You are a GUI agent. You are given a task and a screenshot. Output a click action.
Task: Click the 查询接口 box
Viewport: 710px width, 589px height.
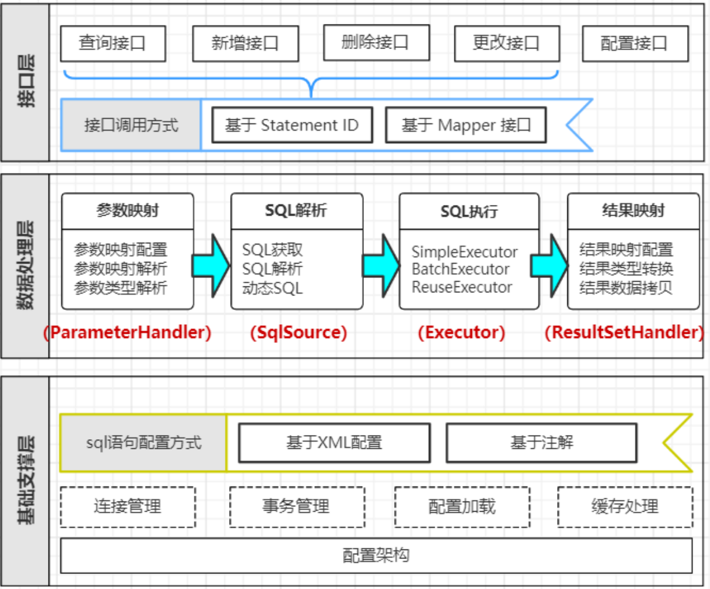tap(113, 43)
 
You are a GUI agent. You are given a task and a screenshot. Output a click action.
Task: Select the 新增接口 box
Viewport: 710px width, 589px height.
tap(245, 43)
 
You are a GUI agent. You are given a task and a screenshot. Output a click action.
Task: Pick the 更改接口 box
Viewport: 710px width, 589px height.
tap(506, 43)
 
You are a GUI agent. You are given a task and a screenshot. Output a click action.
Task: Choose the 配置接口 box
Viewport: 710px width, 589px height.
tap(635, 43)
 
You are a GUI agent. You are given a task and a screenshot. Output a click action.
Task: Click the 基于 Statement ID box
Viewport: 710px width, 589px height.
tap(292, 125)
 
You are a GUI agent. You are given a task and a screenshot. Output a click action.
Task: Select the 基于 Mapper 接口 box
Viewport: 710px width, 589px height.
tap(466, 125)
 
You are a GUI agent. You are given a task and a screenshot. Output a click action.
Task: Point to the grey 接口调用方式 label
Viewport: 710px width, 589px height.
tap(131, 125)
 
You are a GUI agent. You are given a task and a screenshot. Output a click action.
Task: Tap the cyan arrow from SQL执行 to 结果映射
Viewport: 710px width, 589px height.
tap(549, 264)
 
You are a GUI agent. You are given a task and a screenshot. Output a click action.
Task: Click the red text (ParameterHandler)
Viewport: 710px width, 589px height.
tap(128, 333)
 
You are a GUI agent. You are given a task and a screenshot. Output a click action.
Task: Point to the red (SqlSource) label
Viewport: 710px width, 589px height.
tap(298, 333)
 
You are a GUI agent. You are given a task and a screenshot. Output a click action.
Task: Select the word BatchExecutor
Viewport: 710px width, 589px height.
tap(461, 269)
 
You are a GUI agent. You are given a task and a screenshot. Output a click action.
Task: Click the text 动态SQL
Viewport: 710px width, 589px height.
tap(273, 288)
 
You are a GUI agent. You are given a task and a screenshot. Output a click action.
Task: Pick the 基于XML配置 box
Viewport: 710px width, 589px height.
tap(334, 443)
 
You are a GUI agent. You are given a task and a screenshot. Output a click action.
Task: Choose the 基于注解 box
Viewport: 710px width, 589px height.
tap(541, 443)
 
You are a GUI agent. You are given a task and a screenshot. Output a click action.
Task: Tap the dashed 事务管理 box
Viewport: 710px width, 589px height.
tap(297, 506)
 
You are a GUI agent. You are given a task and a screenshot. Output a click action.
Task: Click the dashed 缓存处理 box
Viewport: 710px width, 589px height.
tap(624, 506)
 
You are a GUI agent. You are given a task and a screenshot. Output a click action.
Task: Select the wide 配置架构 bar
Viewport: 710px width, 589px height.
tap(376, 555)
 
